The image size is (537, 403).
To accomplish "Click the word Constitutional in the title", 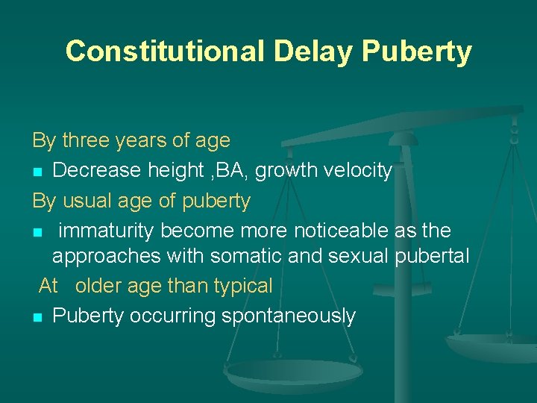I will coord(164,51).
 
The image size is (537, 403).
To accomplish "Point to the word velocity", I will coord(354,171).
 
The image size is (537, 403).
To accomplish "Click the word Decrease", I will coord(95,171).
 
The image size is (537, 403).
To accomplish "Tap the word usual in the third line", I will coord(87,201).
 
